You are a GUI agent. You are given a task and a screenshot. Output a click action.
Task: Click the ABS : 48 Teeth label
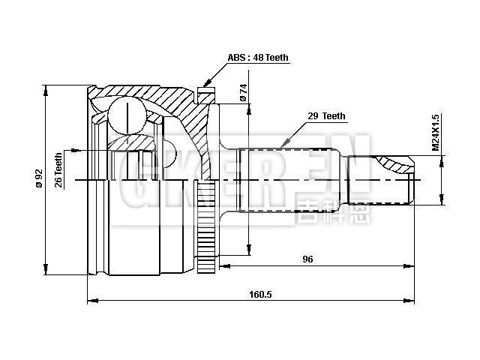coord(258,58)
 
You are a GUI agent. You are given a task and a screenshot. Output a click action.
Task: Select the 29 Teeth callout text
coord(326,116)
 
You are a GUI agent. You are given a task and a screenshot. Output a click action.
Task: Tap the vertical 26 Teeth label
coord(58,170)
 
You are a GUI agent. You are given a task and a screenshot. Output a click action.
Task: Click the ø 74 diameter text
coord(242,92)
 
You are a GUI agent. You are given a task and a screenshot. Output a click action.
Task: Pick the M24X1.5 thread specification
coord(435,133)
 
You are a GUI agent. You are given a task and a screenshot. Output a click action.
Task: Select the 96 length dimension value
coord(307,259)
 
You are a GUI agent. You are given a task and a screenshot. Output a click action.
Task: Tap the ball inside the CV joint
coord(125,116)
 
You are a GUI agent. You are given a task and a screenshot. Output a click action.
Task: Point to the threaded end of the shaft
coord(382,180)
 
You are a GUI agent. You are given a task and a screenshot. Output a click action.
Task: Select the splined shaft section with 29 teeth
coord(292,180)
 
